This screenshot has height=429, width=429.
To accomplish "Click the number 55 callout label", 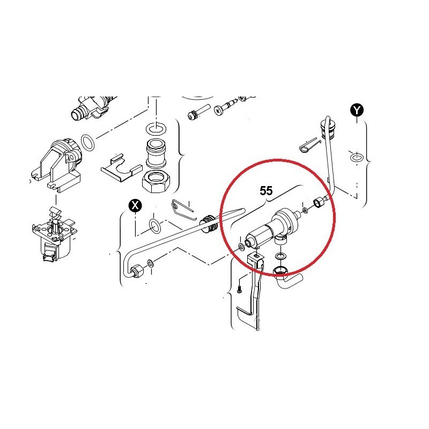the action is pyautogui.click(x=266, y=190).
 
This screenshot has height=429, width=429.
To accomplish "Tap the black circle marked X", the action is pyautogui.click(x=135, y=205).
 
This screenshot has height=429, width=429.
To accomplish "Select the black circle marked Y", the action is pyautogui.click(x=357, y=110).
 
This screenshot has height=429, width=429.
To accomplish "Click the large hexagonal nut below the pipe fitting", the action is pyautogui.click(x=156, y=182).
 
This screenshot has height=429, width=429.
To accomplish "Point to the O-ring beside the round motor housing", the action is pyautogui.click(x=88, y=143).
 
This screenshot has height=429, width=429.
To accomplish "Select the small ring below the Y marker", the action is pyautogui.click(x=357, y=158).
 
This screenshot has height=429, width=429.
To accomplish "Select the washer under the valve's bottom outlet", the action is pyautogui.click(x=280, y=256).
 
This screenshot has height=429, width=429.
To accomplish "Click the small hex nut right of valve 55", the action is pyautogui.click(x=318, y=203).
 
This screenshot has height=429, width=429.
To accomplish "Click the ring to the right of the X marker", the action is pyautogui.click(x=155, y=226).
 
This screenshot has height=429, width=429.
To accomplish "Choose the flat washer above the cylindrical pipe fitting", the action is pyautogui.click(x=157, y=128).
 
